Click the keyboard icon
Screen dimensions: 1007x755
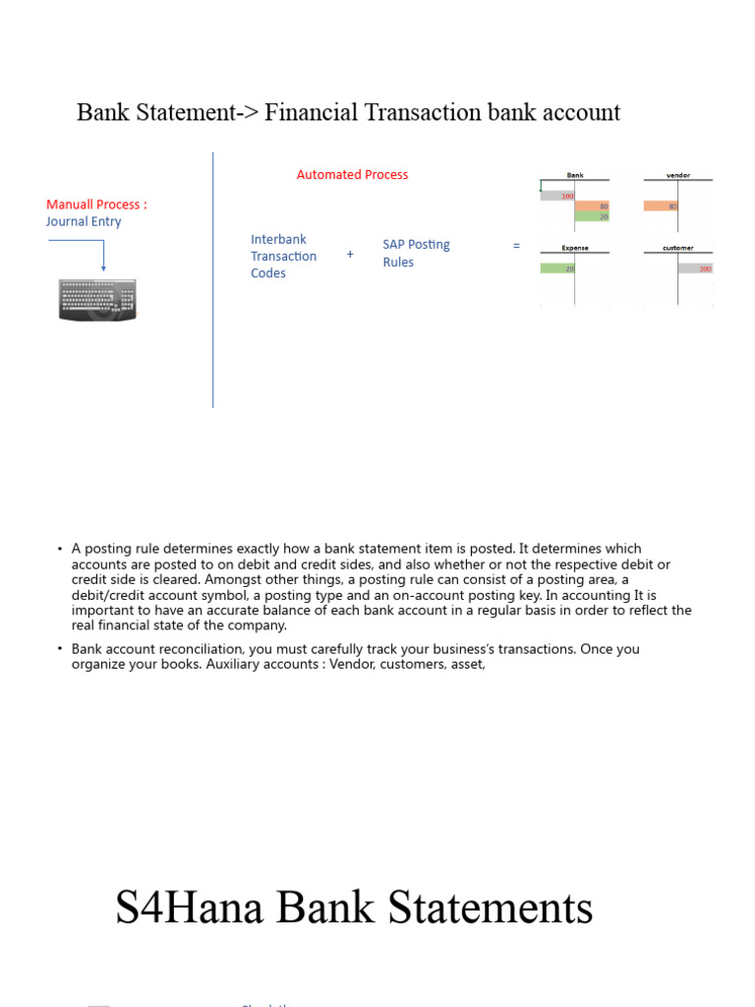coord(98,299)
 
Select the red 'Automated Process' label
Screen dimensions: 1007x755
coord(352,175)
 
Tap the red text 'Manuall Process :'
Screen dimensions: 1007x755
coord(96,205)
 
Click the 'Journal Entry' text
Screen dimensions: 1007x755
coord(84,222)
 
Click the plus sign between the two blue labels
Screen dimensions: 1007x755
coord(350,254)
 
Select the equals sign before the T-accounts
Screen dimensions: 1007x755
coord(516,246)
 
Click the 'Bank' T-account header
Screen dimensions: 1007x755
coord(575,176)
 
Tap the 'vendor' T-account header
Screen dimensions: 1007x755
coord(678,176)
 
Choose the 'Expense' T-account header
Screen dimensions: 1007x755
coord(575,249)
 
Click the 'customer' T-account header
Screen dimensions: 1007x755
coord(678,249)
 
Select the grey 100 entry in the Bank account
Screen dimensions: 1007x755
coord(557,196)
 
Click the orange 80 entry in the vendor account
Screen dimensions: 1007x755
coord(661,207)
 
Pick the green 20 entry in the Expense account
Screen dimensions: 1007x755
coord(557,268)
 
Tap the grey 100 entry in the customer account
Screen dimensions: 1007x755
coord(696,268)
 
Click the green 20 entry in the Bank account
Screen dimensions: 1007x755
coord(593,216)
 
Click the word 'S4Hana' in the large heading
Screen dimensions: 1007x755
coord(184,908)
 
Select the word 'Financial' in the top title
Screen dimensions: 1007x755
coord(312,113)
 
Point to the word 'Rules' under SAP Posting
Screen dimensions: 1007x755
coord(398,263)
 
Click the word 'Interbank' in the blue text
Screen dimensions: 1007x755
coord(278,239)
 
